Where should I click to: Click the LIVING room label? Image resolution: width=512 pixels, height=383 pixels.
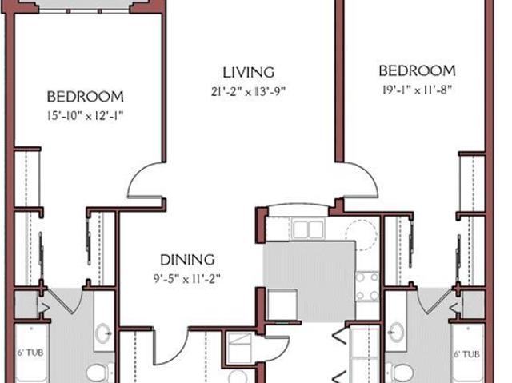[x=248, y=73]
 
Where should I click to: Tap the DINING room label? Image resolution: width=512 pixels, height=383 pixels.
[x=187, y=260]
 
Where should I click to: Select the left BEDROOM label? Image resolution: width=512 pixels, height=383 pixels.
[x=86, y=97]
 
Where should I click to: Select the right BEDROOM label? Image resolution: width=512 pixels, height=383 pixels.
[x=417, y=71]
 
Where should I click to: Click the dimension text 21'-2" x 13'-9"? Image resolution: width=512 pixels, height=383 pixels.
[x=248, y=92]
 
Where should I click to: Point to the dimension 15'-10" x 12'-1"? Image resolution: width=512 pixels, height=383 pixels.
[x=86, y=116]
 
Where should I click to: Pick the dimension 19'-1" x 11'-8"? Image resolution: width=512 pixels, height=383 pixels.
[x=417, y=90]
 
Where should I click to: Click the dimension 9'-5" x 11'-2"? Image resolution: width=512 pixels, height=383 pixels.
[x=187, y=279]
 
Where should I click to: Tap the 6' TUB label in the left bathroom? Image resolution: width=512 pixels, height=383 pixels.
[x=30, y=353]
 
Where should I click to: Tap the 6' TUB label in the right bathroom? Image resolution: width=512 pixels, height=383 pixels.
[x=467, y=353]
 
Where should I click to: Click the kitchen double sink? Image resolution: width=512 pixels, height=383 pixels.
[x=308, y=229]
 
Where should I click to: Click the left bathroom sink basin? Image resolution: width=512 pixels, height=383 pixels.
[x=103, y=333]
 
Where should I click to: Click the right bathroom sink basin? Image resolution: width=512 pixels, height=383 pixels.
[x=396, y=333]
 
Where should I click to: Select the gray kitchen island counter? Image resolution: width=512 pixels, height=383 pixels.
[x=309, y=281]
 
